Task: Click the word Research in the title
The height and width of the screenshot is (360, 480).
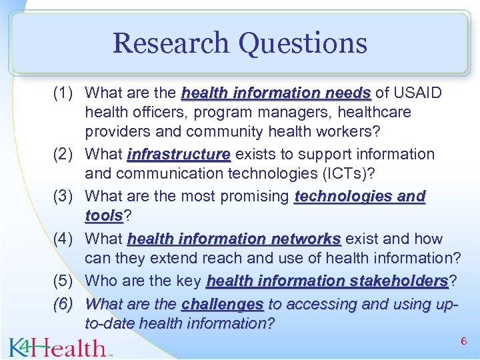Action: (x=171, y=43)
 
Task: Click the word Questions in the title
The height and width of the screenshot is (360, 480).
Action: (x=303, y=43)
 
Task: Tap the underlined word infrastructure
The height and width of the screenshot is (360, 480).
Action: (x=179, y=155)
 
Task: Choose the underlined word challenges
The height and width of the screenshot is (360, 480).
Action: (x=223, y=304)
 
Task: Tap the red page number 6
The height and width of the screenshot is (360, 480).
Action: (x=463, y=341)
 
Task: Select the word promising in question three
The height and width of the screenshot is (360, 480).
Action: (x=257, y=197)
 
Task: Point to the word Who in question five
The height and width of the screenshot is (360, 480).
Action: (x=101, y=281)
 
